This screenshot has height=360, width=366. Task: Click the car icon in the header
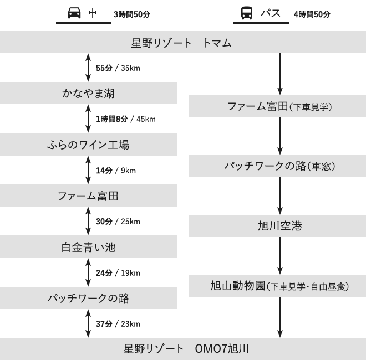[x=74, y=13]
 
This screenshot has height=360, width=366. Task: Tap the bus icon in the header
[x=247, y=13]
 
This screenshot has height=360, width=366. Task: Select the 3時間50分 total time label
[x=132, y=14]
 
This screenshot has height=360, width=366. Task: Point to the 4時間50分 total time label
[x=312, y=14]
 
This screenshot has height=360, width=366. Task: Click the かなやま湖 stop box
[x=89, y=93]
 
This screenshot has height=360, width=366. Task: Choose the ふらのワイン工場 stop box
[x=89, y=145]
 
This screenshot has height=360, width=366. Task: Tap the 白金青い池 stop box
[x=89, y=246]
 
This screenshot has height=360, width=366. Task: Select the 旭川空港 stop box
[x=277, y=226]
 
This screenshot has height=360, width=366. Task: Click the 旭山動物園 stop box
[x=277, y=286]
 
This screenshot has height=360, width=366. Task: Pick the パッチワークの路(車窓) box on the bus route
[x=277, y=166]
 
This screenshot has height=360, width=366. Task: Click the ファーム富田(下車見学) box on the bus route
[x=277, y=106]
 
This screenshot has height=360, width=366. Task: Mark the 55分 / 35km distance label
[x=118, y=68]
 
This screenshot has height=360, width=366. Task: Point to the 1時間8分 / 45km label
[x=126, y=119]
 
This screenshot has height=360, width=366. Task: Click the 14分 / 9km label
[x=116, y=171]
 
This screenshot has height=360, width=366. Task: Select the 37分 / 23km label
[x=118, y=324]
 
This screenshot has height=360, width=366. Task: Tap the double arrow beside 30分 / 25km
[x=88, y=221]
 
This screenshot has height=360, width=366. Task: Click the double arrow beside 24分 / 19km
[x=88, y=272]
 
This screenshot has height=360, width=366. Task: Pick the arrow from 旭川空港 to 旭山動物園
[x=280, y=256]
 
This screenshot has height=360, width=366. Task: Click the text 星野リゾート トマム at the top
[x=181, y=43]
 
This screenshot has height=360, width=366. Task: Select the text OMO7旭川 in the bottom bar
[x=222, y=349]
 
